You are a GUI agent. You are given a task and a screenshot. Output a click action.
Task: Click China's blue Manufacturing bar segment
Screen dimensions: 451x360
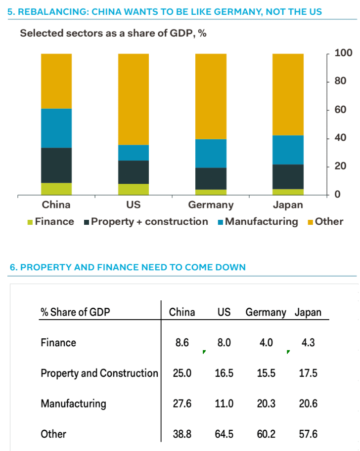(x=56, y=128)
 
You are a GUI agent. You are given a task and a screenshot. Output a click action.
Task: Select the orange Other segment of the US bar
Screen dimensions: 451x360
(x=133, y=99)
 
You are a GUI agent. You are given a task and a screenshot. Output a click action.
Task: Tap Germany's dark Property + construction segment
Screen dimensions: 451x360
(x=211, y=178)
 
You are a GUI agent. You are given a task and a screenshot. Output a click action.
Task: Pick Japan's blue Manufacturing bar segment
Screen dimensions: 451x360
(x=288, y=150)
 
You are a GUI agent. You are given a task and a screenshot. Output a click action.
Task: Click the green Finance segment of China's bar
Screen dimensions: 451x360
(x=56, y=189)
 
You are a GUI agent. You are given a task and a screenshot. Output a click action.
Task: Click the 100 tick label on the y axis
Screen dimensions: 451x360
(x=343, y=53)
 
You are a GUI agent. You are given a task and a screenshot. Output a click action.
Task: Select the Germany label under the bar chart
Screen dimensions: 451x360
(x=211, y=205)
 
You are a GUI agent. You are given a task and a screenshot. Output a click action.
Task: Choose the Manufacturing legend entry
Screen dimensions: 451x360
(x=262, y=221)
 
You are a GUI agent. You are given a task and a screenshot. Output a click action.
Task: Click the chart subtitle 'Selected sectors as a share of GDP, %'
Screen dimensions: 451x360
(x=113, y=34)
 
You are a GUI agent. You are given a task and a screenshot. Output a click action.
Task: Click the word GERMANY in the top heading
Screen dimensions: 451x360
(x=236, y=11)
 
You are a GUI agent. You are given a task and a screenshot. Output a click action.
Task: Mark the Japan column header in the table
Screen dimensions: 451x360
(x=308, y=312)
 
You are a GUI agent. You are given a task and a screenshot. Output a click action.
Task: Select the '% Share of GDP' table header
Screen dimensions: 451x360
(x=75, y=312)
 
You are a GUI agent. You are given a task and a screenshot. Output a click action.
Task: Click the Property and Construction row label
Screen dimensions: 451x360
(x=99, y=373)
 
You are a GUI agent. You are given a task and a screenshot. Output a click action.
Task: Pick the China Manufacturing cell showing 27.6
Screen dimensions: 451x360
(x=182, y=404)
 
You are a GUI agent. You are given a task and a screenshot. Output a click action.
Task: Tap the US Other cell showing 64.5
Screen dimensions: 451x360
(x=224, y=434)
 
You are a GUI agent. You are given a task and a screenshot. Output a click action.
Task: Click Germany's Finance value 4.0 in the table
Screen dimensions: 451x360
(x=266, y=342)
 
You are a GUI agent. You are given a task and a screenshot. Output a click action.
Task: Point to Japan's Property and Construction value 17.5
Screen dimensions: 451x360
(x=308, y=373)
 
